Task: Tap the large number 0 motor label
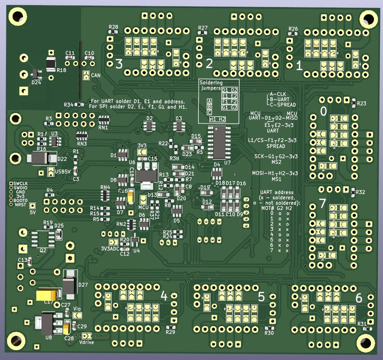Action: [324, 112]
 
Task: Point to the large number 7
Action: [322, 204]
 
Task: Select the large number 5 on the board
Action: [261, 297]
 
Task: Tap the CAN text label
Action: [96, 75]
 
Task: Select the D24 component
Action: [35, 74]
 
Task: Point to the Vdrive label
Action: [87, 342]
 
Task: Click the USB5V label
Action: [62, 172]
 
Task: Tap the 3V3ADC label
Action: [110, 249]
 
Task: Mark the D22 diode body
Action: [41, 158]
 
